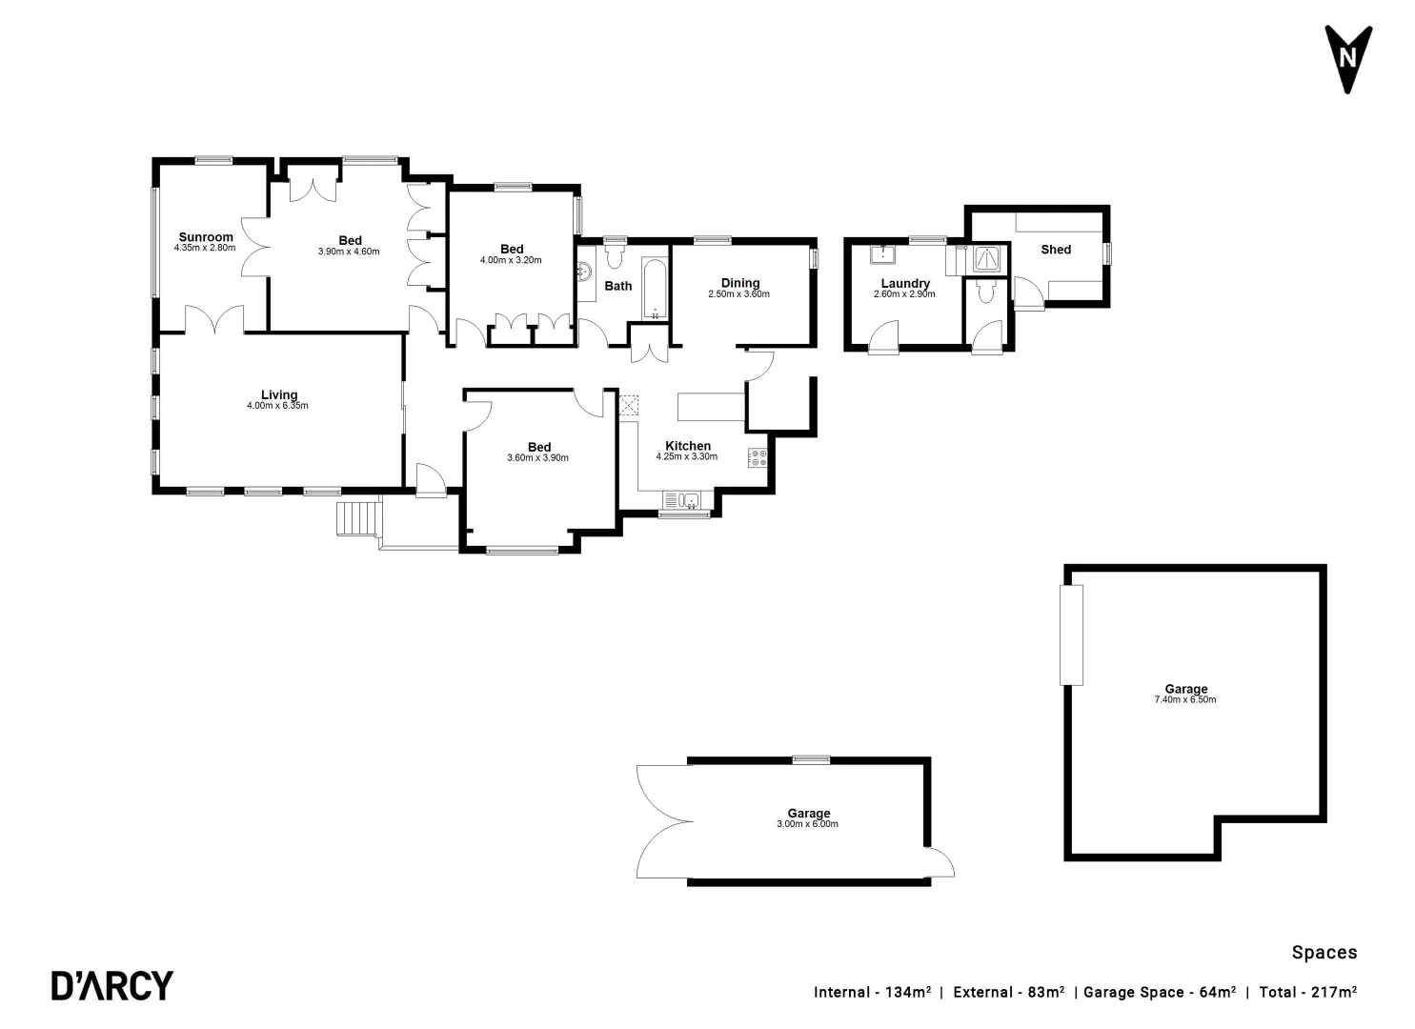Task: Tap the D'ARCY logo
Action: [112, 985]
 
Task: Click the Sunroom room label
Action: [206, 237]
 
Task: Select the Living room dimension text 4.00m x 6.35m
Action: [277, 406]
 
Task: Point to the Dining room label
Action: [739, 282]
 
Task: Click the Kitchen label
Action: [687, 446]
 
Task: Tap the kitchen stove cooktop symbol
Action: [758, 457]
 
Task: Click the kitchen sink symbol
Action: [682, 500]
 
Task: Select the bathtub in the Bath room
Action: [656, 287]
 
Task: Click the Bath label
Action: [618, 286]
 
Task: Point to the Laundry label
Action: [904, 283]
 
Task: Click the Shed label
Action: [1056, 250]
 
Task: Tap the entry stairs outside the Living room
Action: [357, 518]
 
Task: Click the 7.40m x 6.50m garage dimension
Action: [1184, 700]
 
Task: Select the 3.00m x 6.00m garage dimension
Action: [807, 824]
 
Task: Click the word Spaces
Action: [1324, 952]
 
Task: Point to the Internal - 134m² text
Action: [872, 992]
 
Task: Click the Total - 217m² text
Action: [1307, 992]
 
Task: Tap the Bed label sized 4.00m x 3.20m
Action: [512, 250]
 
